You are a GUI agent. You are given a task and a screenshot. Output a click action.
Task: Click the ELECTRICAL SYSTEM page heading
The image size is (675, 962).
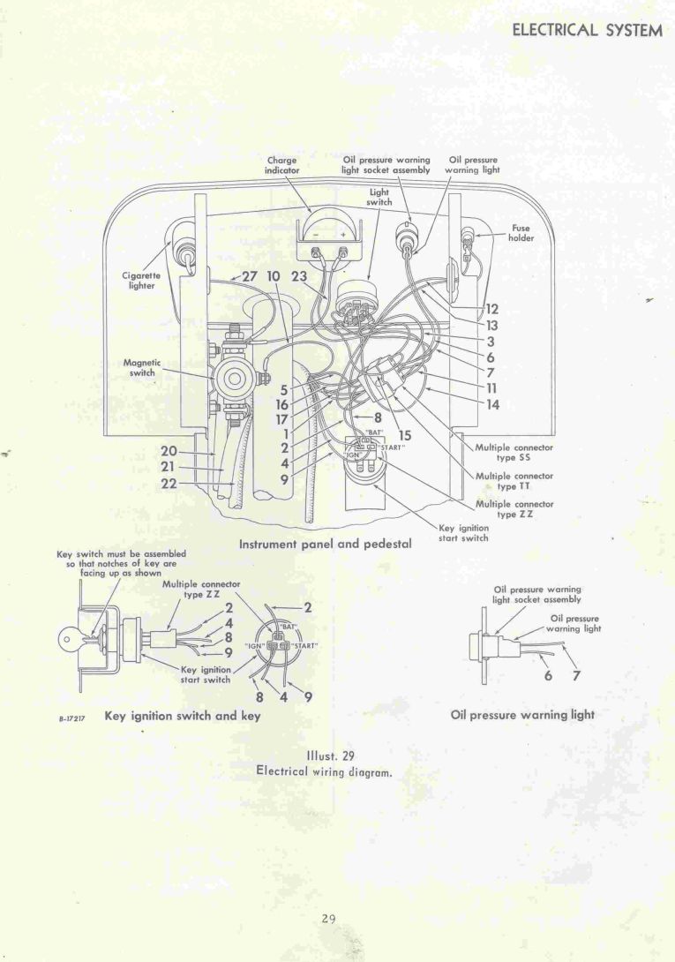[588, 30]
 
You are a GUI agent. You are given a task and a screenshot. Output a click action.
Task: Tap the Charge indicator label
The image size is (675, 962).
[282, 165]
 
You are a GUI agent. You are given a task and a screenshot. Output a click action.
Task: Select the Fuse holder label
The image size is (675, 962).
[521, 233]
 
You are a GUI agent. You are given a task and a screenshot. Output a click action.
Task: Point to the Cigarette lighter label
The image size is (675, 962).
[141, 281]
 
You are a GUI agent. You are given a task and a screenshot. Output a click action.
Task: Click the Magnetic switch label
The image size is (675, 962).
[142, 367]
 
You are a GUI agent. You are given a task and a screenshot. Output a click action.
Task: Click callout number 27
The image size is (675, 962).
[249, 276]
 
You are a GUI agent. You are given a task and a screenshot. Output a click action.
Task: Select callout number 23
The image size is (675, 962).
[299, 276]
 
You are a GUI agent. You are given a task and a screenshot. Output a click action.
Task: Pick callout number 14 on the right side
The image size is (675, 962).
[492, 404]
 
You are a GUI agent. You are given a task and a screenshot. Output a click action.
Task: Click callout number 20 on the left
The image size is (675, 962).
[169, 452]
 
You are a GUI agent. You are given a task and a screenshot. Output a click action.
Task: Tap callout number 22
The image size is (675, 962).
[169, 484]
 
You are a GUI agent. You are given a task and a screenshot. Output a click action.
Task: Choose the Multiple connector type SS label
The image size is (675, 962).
[514, 452]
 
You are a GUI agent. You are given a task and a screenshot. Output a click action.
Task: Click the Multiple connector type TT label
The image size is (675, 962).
[514, 480]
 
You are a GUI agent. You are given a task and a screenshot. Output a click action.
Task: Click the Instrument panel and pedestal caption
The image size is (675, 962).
[326, 544]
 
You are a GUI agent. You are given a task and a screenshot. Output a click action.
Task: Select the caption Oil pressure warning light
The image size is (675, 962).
[522, 715]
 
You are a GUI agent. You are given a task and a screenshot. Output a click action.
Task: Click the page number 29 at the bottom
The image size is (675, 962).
[328, 919]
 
